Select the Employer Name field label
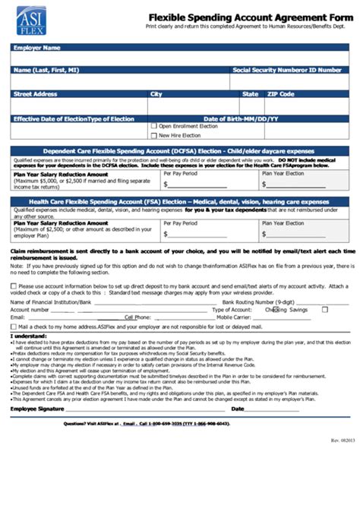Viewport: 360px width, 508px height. point(36,48)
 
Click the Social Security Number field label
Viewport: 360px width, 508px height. point(287,70)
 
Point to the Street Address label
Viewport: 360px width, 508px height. point(35,94)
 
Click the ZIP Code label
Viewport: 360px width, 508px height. point(279,94)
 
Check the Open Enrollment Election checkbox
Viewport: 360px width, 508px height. point(153,126)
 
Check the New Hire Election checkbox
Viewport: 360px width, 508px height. point(153,135)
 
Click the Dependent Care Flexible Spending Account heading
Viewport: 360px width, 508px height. point(179,151)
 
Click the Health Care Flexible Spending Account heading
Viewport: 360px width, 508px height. point(179,202)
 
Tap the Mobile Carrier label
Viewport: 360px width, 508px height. point(235,317)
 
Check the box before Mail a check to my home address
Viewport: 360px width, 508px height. point(13,326)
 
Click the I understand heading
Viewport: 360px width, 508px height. point(27,335)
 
